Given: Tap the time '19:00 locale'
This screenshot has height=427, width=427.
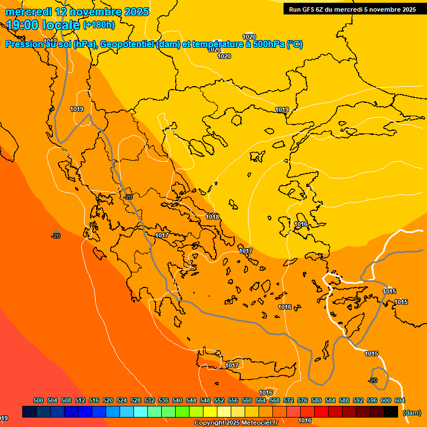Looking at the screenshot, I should tap(43, 24).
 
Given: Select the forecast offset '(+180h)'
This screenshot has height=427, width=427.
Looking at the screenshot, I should tap(99, 24).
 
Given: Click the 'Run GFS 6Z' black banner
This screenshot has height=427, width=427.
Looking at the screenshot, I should tap(352, 9).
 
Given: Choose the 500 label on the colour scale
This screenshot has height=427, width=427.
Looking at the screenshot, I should tap(38, 400).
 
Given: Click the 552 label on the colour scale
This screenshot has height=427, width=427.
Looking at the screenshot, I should tap(219, 400).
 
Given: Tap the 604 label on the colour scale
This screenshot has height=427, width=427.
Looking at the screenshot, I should tap(400, 400).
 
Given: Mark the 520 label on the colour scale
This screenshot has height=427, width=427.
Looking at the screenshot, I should tap(108, 400).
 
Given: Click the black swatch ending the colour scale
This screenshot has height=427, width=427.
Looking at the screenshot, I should tap(391, 411).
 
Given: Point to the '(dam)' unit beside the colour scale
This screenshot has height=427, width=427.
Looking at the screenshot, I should tap(411, 413).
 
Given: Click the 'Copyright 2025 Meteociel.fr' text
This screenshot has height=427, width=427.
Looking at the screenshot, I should tap(236, 423).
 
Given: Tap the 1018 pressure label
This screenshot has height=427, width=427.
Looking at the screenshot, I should tap(212, 217).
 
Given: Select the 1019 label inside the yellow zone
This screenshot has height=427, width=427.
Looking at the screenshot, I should tap(282, 110).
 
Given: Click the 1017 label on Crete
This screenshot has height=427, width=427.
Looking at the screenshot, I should tap(232, 365).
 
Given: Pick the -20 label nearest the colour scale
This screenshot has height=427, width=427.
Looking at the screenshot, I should tap(373, 380).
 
